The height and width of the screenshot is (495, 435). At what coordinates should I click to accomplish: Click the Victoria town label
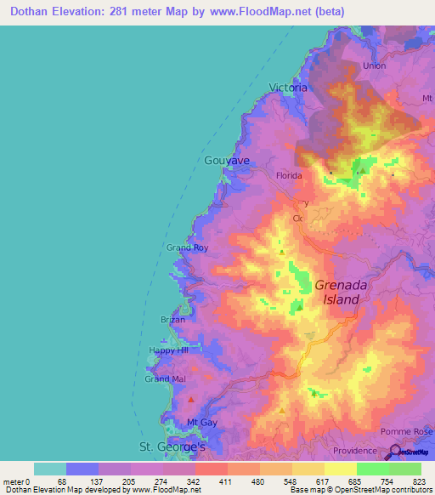pos(286,88)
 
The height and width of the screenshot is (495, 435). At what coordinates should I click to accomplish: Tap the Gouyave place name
pos(227,160)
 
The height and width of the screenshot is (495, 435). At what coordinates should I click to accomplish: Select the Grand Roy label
pos(187,247)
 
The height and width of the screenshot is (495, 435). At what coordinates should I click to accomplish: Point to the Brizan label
pos(172,320)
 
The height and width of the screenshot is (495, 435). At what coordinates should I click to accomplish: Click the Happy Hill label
pos(167,350)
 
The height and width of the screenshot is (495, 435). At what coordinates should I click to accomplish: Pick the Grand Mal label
pos(164,378)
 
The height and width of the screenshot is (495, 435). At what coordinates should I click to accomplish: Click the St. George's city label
pos(172,447)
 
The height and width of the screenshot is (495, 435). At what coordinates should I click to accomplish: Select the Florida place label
pos(289,175)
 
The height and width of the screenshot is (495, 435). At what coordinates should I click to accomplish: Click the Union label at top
pos(374,65)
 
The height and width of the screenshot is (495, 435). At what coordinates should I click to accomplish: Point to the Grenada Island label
pos(341,293)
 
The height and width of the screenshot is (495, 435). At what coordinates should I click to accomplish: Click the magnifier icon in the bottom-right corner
pos(394,452)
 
